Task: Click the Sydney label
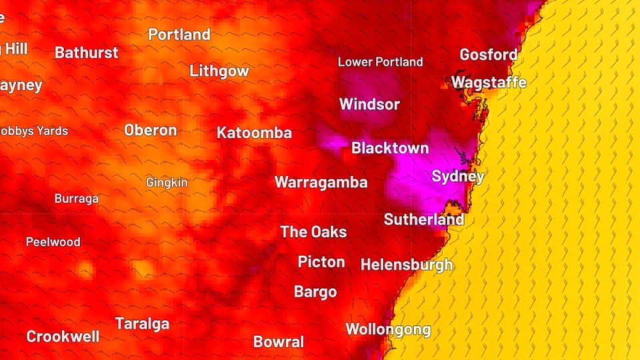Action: (457, 177)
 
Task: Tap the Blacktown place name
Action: (390, 148)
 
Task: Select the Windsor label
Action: (369, 105)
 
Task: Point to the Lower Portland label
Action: (380, 62)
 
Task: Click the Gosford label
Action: (488, 55)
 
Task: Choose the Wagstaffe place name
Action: (489, 83)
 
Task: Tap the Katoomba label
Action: (254, 133)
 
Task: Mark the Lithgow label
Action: (219, 71)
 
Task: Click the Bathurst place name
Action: (87, 53)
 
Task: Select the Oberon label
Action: (151, 131)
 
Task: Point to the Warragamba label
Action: (321, 183)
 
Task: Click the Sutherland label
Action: (424, 219)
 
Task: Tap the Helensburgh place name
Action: (407, 265)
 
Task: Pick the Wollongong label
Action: (388, 329)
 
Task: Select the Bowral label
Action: (279, 342)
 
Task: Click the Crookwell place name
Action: (63, 337)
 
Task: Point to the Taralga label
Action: (142, 324)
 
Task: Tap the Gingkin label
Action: (167, 182)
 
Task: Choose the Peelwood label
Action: (53, 242)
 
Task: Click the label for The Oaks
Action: (313, 232)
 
